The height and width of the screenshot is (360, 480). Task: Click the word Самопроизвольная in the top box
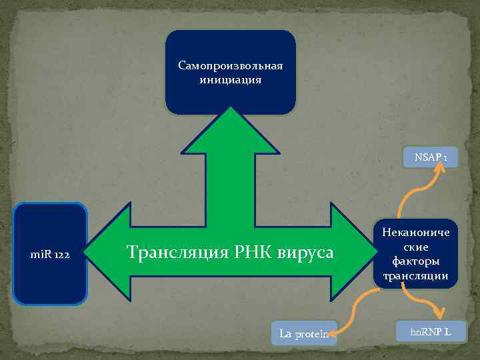pyautogui.click(x=231, y=66)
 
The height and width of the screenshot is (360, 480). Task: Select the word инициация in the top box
pyautogui.click(x=230, y=79)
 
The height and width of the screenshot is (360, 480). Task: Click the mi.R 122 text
pyautogui.click(x=50, y=255)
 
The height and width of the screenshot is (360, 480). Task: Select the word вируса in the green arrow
pyautogui.click(x=306, y=252)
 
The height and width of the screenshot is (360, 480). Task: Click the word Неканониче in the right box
pyautogui.click(x=416, y=233)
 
